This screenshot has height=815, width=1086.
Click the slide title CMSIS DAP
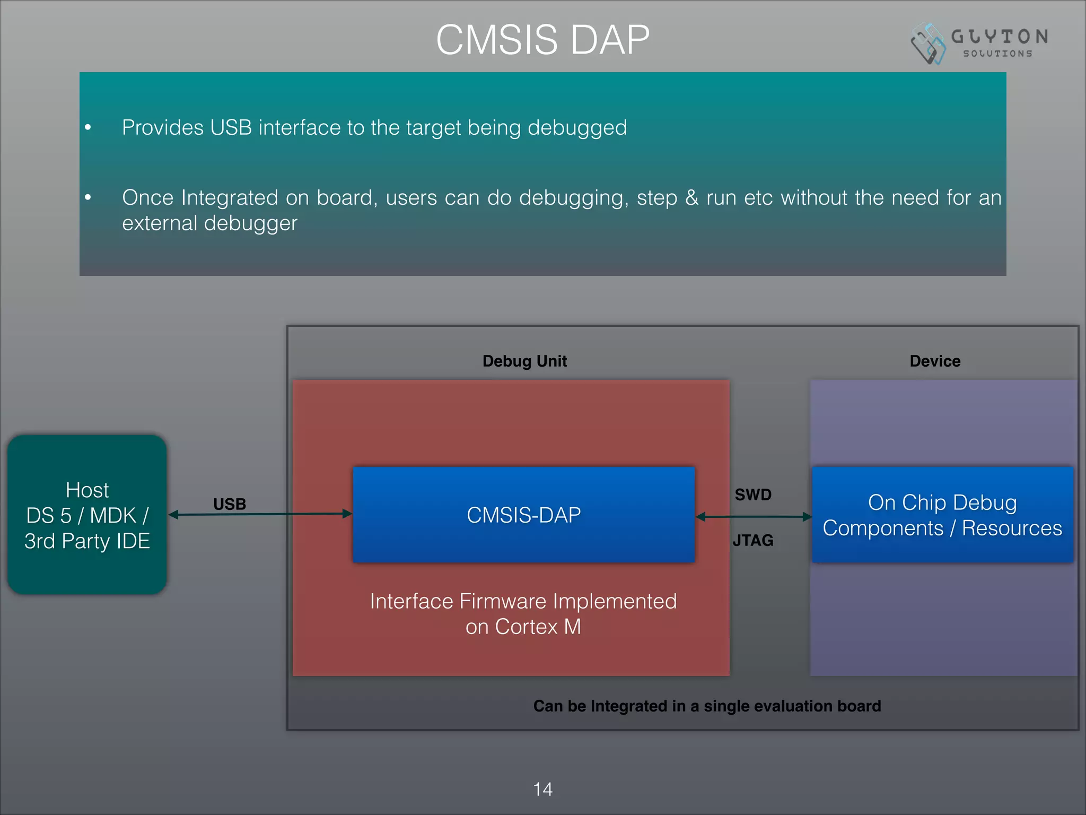tap(542, 40)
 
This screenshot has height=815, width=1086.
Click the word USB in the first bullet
tap(231, 127)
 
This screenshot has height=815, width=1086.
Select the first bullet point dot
tap(88, 127)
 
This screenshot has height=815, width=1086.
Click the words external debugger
tap(209, 223)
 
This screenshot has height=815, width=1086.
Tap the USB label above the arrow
tap(230, 504)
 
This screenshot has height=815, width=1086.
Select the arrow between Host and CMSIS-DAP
tap(260, 514)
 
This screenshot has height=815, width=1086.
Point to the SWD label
tap(753, 495)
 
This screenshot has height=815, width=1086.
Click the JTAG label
tap(753, 540)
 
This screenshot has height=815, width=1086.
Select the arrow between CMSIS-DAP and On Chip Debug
tap(753, 516)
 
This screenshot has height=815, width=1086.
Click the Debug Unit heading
tap(524, 361)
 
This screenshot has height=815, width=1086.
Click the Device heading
tap(935, 361)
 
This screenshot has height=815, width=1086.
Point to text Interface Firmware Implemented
tap(523, 601)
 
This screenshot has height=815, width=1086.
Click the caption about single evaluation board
tap(707, 706)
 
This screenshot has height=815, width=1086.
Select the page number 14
tap(542, 789)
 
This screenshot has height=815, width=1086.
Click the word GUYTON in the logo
tap(1000, 37)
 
